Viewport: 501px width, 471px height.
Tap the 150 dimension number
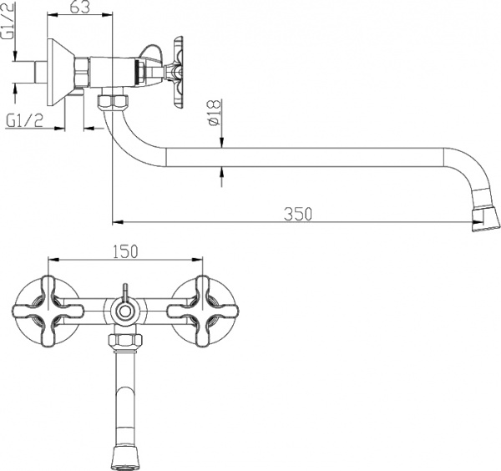pos(124,250)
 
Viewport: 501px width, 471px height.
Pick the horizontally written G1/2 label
pos(24,120)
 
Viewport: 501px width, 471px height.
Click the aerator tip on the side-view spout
pos(483,219)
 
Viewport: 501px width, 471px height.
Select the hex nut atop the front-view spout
pos(124,340)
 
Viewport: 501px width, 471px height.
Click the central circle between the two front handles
pos(124,312)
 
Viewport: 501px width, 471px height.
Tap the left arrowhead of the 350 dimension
pos(116,222)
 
